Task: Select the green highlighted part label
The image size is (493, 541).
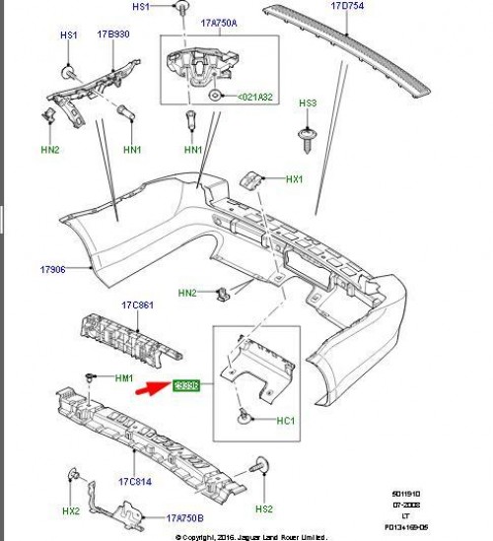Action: click(x=186, y=385)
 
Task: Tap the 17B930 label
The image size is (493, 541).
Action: click(x=113, y=35)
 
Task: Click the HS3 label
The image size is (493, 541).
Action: click(x=308, y=103)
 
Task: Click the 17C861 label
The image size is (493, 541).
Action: click(x=137, y=306)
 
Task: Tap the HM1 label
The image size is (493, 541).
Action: click(x=122, y=378)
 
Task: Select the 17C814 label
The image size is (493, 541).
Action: click(x=135, y=484)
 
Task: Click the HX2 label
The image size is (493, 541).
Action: click(x=71, y=510)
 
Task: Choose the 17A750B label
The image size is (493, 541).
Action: click(x=185, y=517)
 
